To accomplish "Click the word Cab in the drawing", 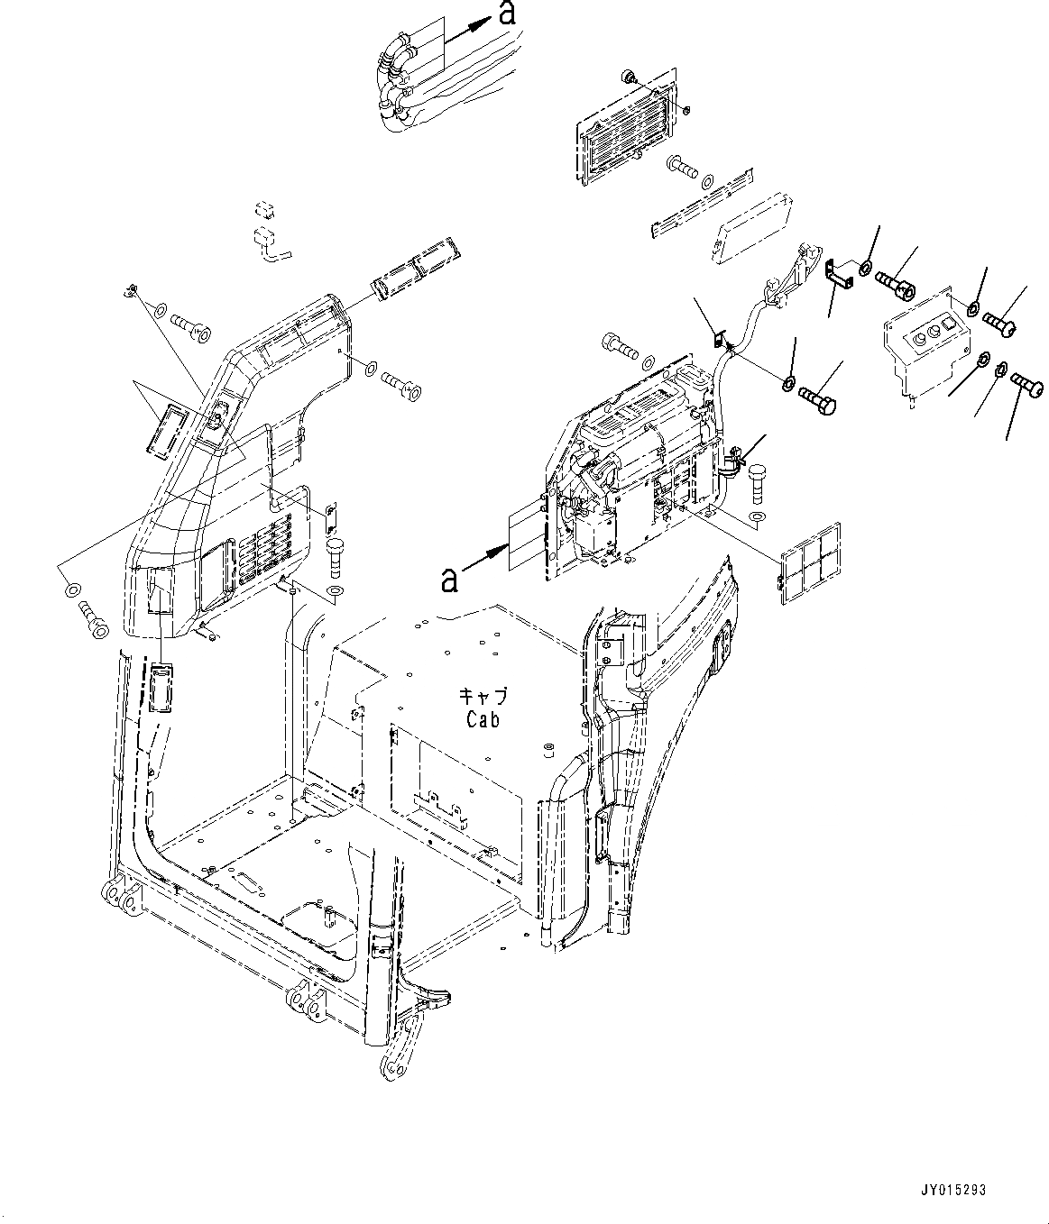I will point(483,719).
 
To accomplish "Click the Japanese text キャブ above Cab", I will point(483,696).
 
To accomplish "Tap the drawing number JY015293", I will point(955,1191).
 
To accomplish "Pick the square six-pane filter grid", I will point(811,561).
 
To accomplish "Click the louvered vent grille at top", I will point(625,132).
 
